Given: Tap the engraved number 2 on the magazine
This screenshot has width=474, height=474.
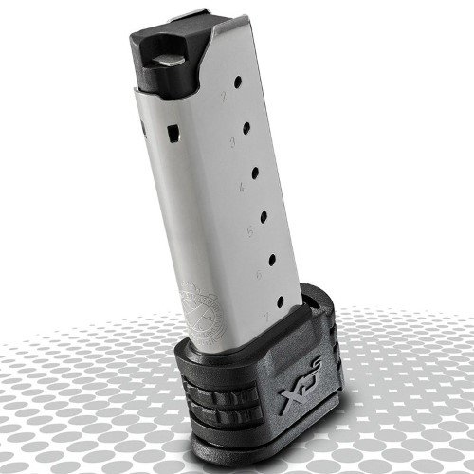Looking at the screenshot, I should coord(223,98).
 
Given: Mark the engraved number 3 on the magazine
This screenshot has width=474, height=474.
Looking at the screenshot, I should coord(230,143).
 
